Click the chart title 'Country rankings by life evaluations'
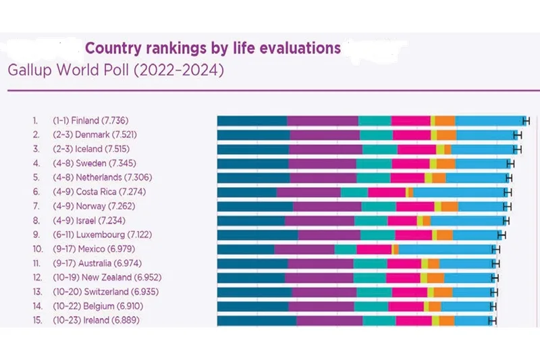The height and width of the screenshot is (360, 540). click(x=213, y=49)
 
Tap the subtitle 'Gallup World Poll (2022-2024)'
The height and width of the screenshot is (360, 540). click(x=115, y=70)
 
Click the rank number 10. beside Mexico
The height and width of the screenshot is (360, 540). click(x=38, y=249)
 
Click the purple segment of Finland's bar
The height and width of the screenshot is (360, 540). click(x=323, y=120)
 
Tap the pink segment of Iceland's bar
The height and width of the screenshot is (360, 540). click(x=416, y=149)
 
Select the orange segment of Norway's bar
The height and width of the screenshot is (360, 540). click(x=450, y=206)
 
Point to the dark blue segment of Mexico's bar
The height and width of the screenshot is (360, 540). click(x=246, y=249)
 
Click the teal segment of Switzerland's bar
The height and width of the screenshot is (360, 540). click(x=374, y=292)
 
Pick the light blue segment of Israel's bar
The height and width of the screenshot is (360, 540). click(x=467, y=220)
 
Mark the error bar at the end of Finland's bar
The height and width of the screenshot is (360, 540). click(x=526, y=120)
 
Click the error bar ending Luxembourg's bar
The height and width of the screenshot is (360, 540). click(x=502, y=234)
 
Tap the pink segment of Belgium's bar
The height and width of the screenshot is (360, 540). click(x=406, y=306)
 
